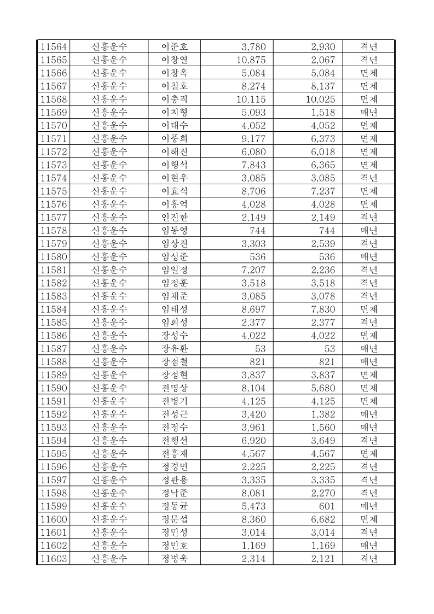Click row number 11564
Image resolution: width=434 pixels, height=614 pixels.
[54, 46]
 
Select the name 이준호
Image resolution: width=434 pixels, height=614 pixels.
[174, 46]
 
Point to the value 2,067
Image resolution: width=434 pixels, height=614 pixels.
[323, 60]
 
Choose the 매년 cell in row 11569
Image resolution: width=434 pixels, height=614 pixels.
[368, 112]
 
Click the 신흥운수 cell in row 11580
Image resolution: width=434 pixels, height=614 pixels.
[109, 256]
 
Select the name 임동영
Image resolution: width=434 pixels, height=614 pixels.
[174, 230]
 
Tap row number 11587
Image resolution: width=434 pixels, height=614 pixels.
[54, 348]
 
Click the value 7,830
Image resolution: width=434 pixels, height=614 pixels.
[323, 309]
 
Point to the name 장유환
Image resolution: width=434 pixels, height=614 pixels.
[174, 348]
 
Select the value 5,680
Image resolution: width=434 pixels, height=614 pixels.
[323, 388]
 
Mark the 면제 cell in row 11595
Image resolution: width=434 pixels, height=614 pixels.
[368, 453]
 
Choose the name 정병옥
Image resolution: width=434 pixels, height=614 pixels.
[174, 558]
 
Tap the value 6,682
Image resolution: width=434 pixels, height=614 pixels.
[323, 519]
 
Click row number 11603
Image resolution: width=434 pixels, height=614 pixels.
[54, 558]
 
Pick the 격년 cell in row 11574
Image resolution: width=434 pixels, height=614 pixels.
[368, 178]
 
